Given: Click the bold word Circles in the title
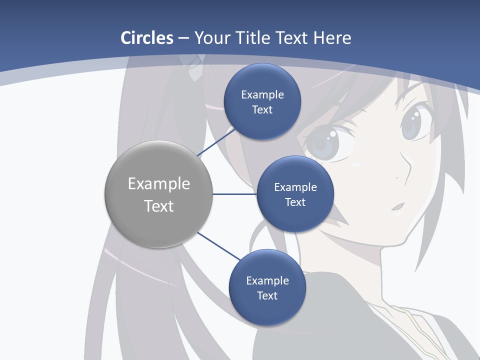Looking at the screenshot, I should (147, 38).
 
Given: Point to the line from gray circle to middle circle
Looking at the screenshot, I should (234, 194).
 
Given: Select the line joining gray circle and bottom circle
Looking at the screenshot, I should (218, 246).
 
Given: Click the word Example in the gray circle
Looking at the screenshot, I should (159, 184).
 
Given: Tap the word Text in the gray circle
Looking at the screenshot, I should (159, 206).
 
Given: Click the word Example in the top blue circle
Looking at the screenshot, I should (262, 94).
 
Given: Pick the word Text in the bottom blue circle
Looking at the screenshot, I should (267, 295).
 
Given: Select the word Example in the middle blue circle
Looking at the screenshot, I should (295, 187).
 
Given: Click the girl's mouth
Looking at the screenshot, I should (398, 206).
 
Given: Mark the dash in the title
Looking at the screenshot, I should (183, 38).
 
